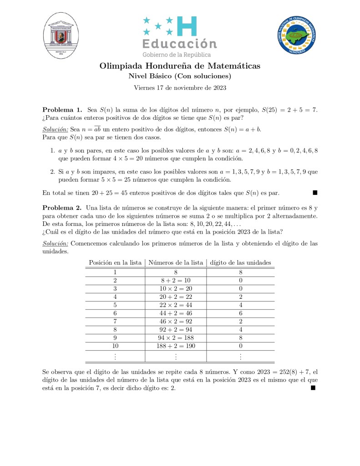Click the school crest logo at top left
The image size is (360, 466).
tap(62, 35)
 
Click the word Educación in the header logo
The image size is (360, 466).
tap(180, 44)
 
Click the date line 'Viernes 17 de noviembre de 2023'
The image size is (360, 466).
tap(180, 87)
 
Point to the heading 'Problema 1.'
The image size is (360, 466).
tap(62, 110)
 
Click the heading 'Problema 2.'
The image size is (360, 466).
tap(62, 207)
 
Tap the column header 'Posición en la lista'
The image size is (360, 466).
tap(115, 262)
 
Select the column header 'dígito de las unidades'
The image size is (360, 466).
tap(241, 262)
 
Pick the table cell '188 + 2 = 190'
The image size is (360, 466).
tap(176, 346)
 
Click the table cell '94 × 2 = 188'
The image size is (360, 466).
tap(176, 338)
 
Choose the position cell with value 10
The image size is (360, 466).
tap(115, 346)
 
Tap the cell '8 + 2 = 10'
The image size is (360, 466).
tap(176, 280)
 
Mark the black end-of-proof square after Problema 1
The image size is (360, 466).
tap(315, 193)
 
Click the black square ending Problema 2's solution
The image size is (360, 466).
tap(312, 388)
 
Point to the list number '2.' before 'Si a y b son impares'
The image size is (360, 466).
tap(52, 172)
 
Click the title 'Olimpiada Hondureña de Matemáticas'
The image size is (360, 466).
tap(180, 66)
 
